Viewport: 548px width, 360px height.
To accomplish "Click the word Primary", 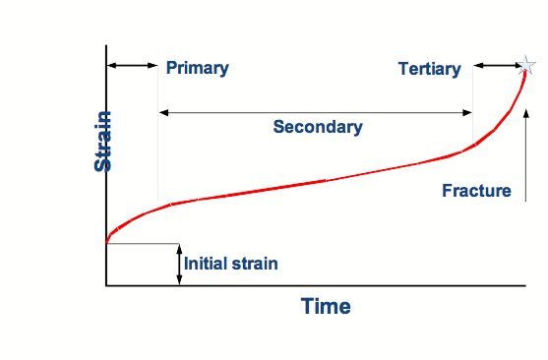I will [x=197, y=68].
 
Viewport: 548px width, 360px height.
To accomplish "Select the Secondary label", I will [x=318, y=127].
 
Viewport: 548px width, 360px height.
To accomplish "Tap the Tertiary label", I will [x=429, y=69].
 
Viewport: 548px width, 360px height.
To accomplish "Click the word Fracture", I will [x=477, y=190].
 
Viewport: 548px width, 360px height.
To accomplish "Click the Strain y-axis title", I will [x=103, y=141].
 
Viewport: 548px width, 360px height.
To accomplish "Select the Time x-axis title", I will [x=326, y=306].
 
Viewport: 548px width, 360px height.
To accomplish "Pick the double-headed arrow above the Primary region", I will [x=132, y=65].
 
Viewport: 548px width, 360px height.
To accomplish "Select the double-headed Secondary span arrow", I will [x=316, y=111].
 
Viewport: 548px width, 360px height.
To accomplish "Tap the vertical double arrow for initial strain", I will [x=180, y=264].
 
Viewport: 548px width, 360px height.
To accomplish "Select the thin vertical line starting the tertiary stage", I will [x=473, y=108].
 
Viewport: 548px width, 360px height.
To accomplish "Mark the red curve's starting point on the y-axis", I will [x=106, y=241].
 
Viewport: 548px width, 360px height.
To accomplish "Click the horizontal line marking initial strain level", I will [x=143, y=243].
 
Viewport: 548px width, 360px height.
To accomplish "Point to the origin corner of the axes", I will [x=106, y=285].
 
